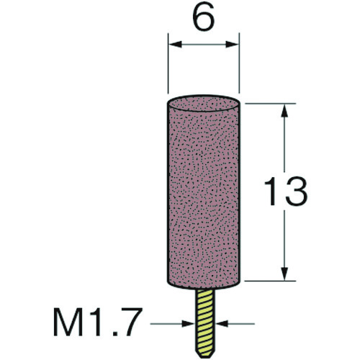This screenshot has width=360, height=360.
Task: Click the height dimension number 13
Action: point(286,192)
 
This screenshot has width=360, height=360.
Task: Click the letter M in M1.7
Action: point(67,321)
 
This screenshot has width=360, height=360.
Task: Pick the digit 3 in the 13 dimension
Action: point(297,192)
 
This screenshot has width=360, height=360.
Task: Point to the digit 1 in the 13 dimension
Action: point(270,192)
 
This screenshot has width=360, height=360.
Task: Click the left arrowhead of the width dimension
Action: point(175,44)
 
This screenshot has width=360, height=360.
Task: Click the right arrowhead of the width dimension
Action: point(233,44)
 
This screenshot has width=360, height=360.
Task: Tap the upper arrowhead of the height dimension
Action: point(284,110)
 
